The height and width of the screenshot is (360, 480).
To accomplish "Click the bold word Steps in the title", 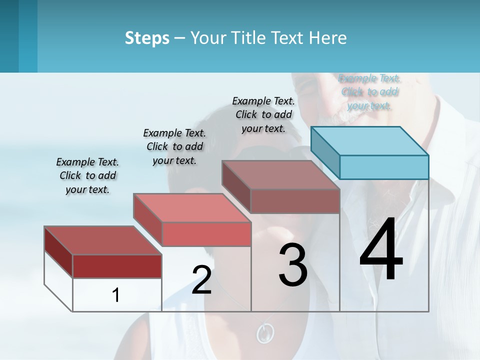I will [x=147, y=38].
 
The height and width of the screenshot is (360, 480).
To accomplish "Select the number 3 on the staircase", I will [x=292, y=265].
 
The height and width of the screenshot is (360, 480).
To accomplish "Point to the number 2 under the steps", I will [x=201, y=280].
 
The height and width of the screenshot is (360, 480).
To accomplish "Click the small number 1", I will [x=116, y=295].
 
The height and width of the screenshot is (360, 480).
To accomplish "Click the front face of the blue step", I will [x=384, y=167].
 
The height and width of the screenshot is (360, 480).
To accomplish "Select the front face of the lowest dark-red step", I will [x=117, y=266].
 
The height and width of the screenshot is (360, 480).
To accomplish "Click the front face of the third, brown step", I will [x=295, y=201].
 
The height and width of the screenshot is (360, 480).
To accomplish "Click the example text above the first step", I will [x=87, y=175].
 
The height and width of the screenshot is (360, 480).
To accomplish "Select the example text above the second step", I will [x=174, y=146].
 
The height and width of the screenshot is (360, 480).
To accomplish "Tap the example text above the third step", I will [x=263, y=114].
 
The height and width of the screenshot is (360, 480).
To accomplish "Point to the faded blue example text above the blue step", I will [x=369, y=92].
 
